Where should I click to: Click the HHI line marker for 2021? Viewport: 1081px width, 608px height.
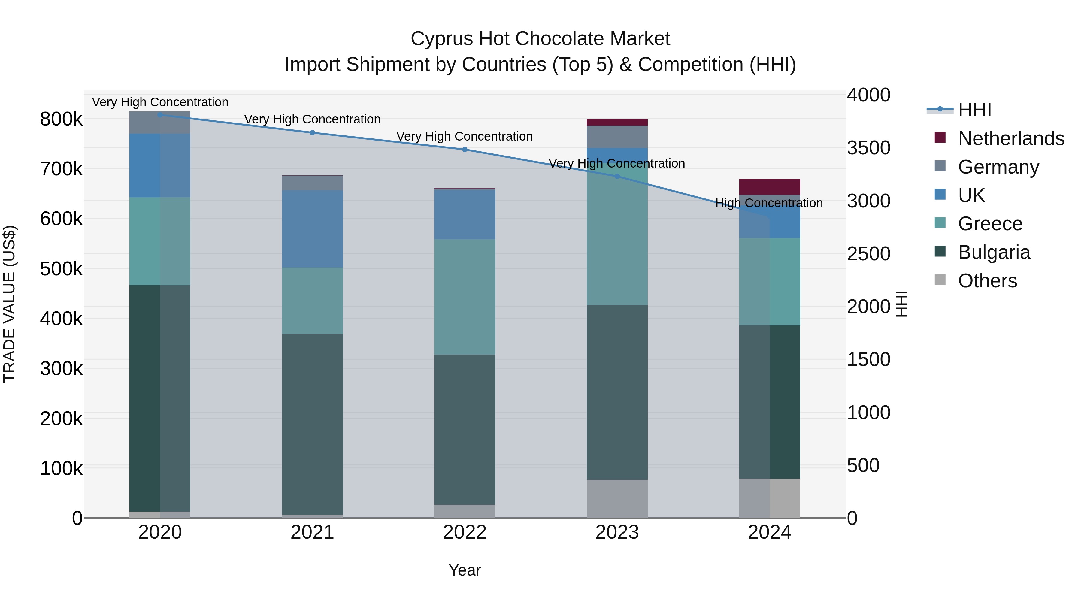[x=312, y=133]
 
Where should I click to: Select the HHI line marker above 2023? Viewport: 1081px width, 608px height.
[x=617, y=176]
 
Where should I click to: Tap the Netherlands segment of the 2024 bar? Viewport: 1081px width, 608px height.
[x=770, y=187]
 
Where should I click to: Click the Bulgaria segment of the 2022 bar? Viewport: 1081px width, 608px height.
[x=465, y=429]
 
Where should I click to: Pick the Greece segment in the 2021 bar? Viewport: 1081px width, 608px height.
[x=312, y=301]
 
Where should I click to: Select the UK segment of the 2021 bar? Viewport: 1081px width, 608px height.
[x=312, y=229]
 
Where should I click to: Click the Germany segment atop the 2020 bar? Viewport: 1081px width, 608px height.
[x=160, y=123]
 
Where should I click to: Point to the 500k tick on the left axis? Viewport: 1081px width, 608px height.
[x=61, y=268]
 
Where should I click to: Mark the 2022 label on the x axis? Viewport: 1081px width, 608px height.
[x=465, y=532]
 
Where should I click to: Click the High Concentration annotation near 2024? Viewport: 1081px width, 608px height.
[x=769, y=203]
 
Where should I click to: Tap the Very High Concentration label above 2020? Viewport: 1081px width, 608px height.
[x=160, y=102]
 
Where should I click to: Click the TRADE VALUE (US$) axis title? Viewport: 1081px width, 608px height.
[x=9, y=304]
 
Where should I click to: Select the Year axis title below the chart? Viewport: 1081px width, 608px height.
[x=465, y=570]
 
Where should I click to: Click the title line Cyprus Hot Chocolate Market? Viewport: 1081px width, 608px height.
[x=540, y=39]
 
